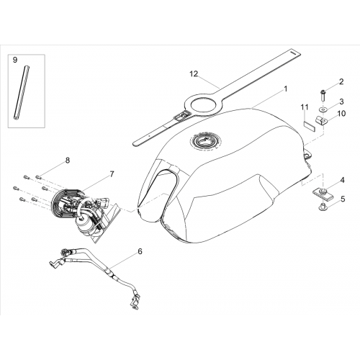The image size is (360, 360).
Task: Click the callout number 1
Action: (x=285, y=89)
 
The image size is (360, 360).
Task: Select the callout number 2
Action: (x=341, y=82)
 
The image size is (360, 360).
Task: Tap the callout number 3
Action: (x=341, y=102)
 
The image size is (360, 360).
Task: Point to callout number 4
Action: (x=343, y=180)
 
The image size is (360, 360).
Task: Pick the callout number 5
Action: (x=343, y=199)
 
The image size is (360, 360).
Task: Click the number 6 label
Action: (x=140, y=251)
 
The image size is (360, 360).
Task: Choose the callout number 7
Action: (x=112, y=174)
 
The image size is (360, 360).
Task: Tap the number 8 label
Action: (x=68, y=161)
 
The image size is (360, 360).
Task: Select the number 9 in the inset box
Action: (x=15, y=60)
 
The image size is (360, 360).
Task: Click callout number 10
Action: (x=341, y=114)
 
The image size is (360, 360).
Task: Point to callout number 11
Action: (x=305, y=107)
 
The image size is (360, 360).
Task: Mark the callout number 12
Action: (x=194, y=74)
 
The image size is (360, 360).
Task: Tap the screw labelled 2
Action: (x=323, y=96)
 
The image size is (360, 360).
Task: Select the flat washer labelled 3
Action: (x=323, y=109)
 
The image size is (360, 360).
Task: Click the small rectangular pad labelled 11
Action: (x=310, y=127)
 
